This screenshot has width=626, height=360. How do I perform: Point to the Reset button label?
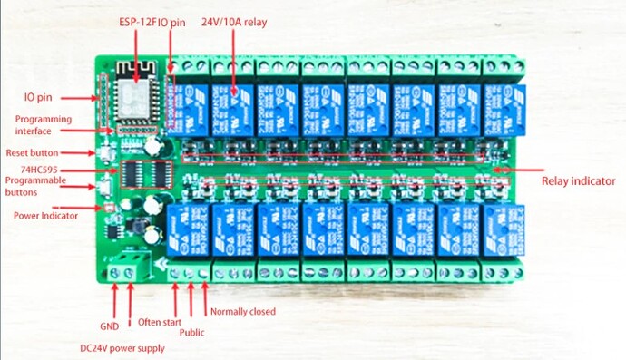point(34,152)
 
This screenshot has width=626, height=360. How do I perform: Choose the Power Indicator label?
point(45,216)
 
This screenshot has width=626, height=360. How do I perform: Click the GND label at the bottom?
point(109,325)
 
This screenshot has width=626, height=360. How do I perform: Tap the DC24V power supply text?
point(122,347)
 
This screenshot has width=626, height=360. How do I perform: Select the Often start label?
point(160,322)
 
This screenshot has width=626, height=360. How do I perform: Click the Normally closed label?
point(242,312)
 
